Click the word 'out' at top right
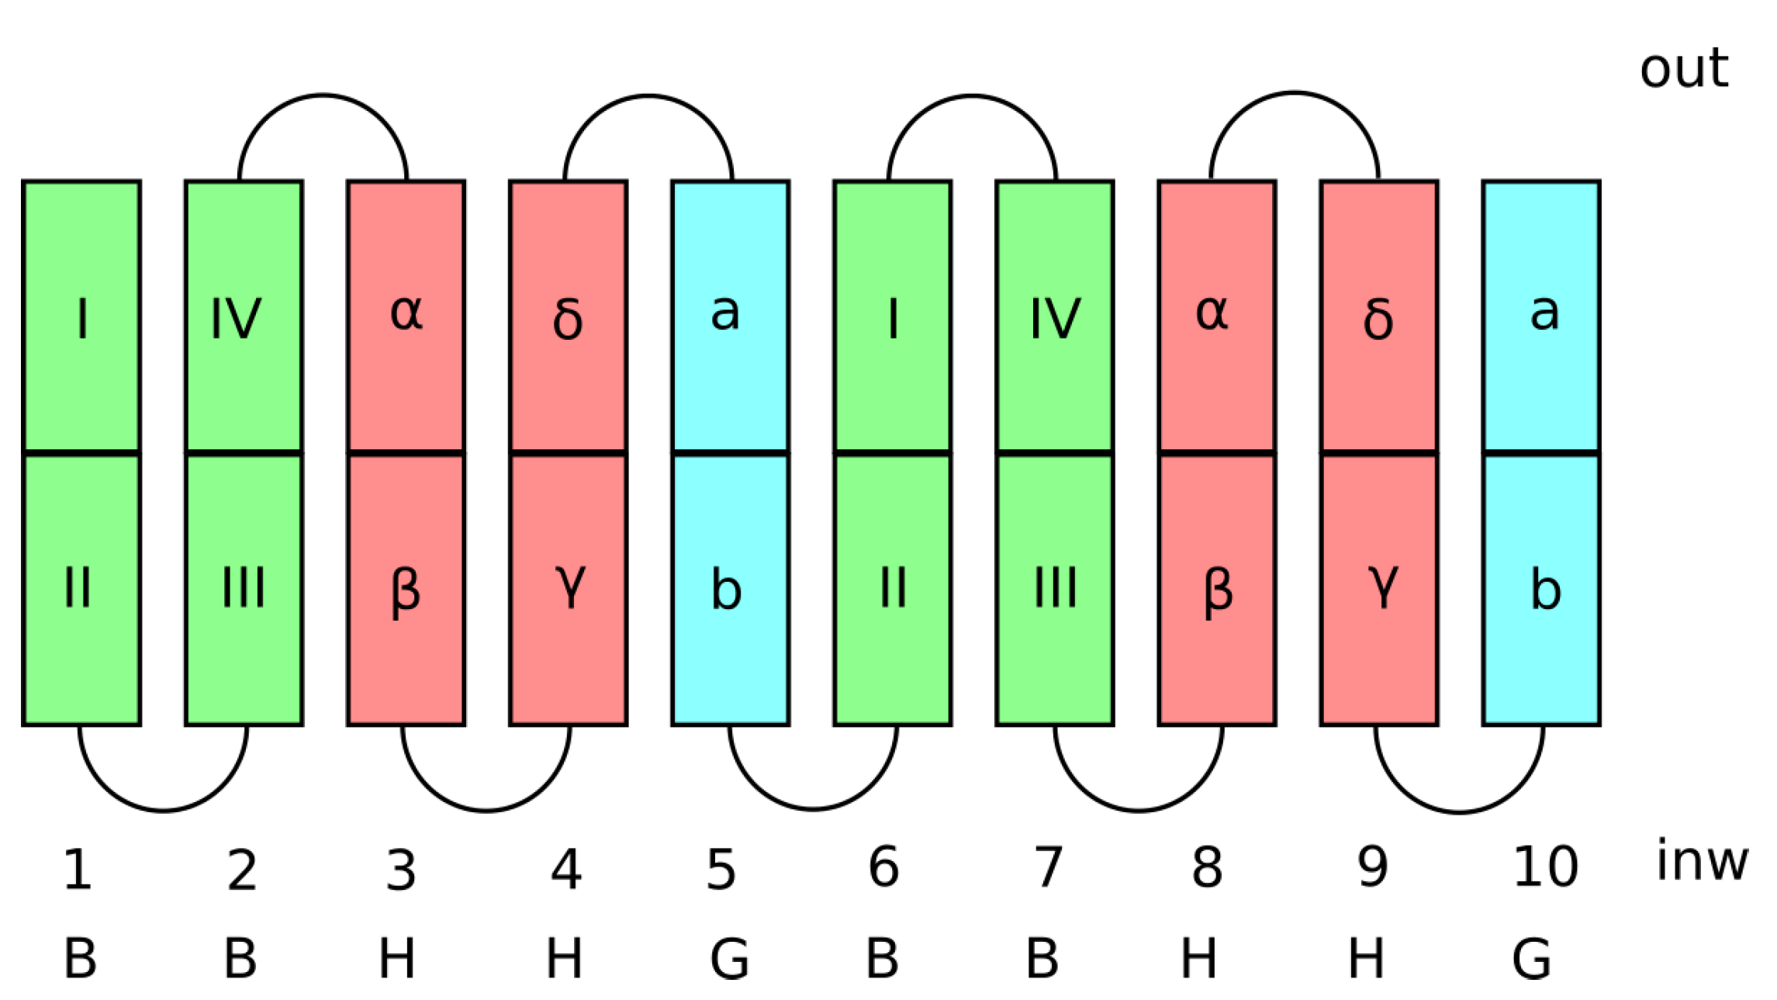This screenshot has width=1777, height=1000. (1682, 68)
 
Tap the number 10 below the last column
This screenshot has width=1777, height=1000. (1544, 867)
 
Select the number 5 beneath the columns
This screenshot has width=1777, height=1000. (721, 870)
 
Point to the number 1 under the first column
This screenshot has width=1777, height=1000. (78, 870)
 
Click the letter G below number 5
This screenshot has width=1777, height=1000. (729, 959)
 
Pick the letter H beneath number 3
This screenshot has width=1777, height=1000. (396, 959)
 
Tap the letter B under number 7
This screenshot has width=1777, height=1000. (1042, 959)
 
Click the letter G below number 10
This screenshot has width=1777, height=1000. (1531, 959)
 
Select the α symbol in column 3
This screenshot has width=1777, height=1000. (406, 313)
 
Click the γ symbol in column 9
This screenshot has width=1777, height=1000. (1383, 587)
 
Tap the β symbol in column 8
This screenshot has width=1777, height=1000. (1218, 592)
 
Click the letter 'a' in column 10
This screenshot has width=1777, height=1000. (1544, 313)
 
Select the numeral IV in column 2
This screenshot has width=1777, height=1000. (237, 318)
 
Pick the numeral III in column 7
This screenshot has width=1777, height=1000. (1056, 587)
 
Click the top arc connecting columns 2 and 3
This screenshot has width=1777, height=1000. (323, 95)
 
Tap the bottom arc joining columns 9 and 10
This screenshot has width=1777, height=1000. (1459, 811)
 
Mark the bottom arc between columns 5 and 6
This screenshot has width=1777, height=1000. (813, 809)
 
